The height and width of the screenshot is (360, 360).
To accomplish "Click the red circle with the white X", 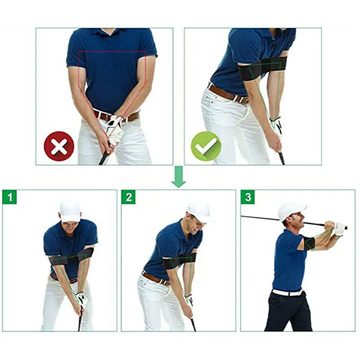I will click(x=59, y=146).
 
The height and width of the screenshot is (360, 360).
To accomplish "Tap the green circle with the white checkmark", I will click(x=206, y=146).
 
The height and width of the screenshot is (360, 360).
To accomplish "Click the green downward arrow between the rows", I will click(x=179, y=177).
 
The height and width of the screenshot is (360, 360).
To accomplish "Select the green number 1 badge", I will click(x=9, y=197).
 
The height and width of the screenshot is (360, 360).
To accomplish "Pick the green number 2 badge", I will click(x=129, y=197).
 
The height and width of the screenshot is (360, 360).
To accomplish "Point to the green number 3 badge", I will click(x=248, y=197).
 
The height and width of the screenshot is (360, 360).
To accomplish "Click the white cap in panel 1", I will click(x=70, y=210).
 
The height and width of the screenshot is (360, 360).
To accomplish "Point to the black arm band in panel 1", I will click(x=72, y=258).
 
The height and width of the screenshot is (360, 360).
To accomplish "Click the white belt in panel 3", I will click(x=288, y=292).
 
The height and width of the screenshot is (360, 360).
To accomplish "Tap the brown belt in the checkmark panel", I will click(x=227, y=94).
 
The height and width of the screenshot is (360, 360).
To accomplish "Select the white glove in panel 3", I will click(x=339, y=229).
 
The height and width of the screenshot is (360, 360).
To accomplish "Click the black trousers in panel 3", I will click(x=288, y=313).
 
